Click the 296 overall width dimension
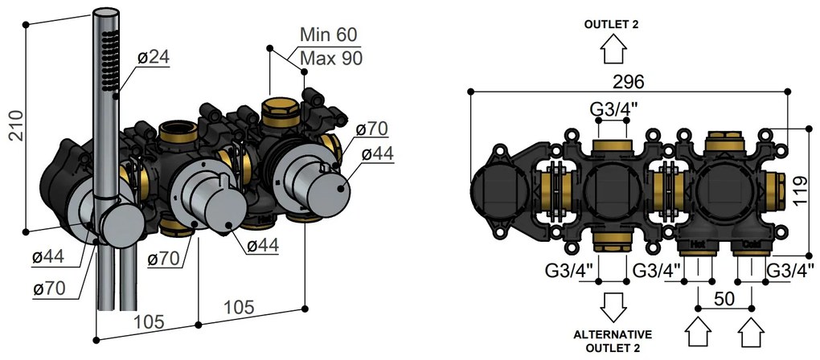pos(629,81)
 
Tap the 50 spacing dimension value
pos(724,298)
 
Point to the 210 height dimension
pos(16,125)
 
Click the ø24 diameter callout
pos(154,57)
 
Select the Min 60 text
pos(329,35)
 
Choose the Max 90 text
pos(331,58)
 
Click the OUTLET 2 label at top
pos(612,24)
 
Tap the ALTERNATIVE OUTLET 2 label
pos(613,341)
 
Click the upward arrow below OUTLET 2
pos(613,49)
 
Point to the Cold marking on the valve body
pos(751,244)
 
